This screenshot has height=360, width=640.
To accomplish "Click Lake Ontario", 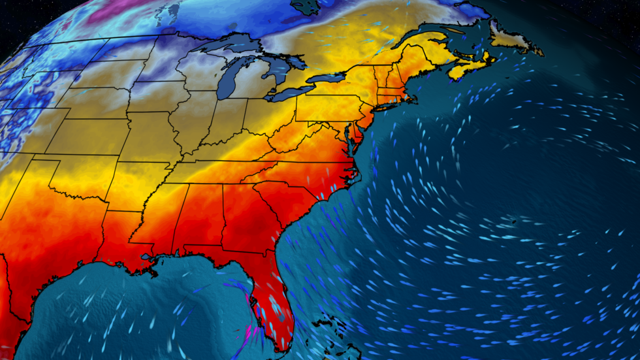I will [327, 78].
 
